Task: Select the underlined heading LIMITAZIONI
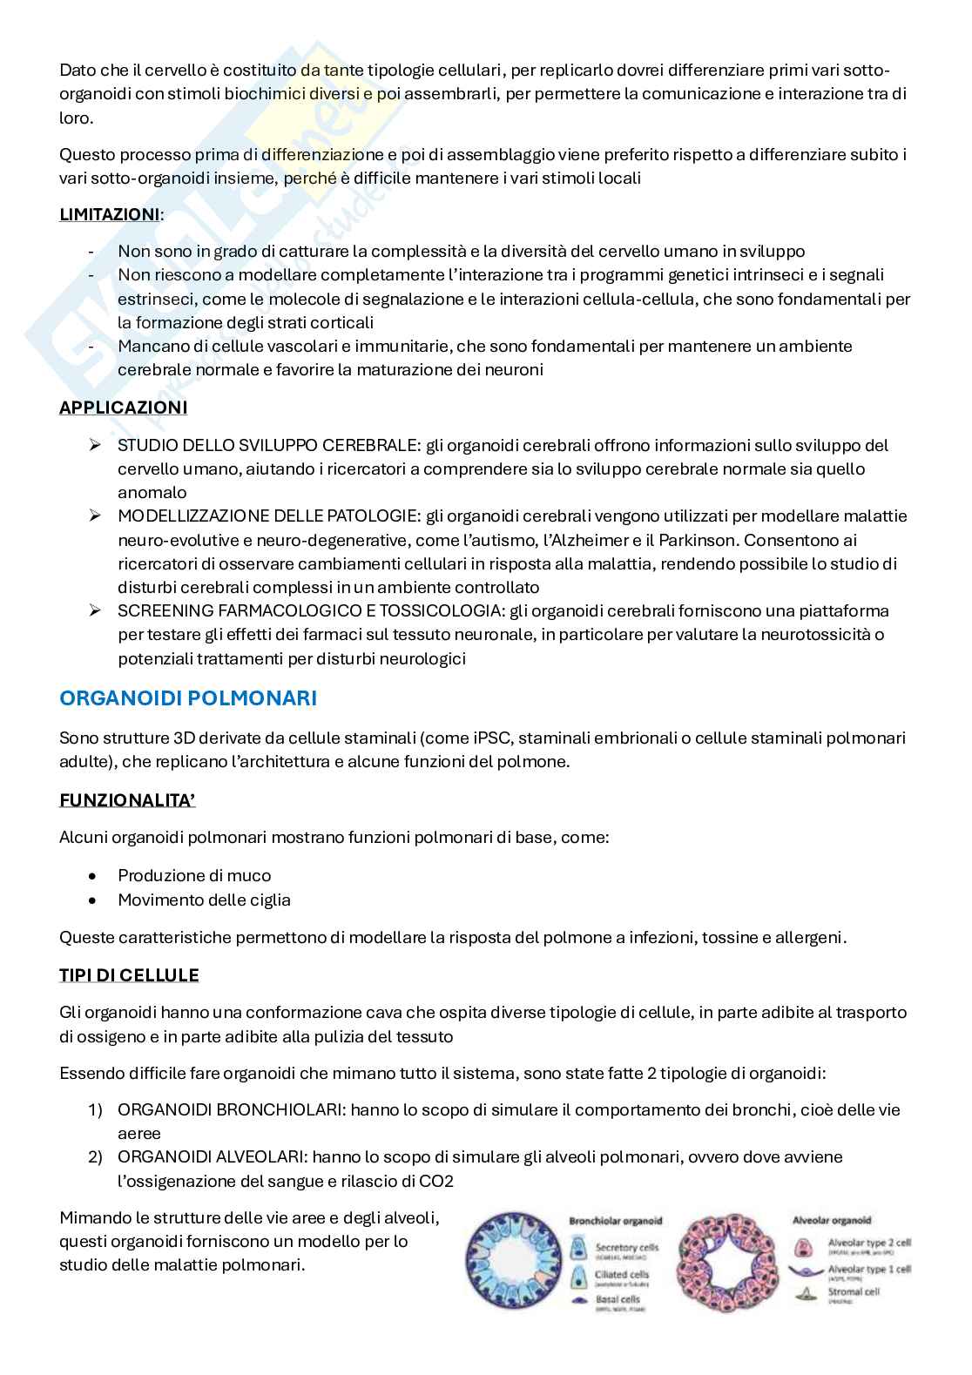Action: pyautogui.click(x=110, y=214)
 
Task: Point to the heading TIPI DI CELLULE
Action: pyautogui.click(x=129, y=974)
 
